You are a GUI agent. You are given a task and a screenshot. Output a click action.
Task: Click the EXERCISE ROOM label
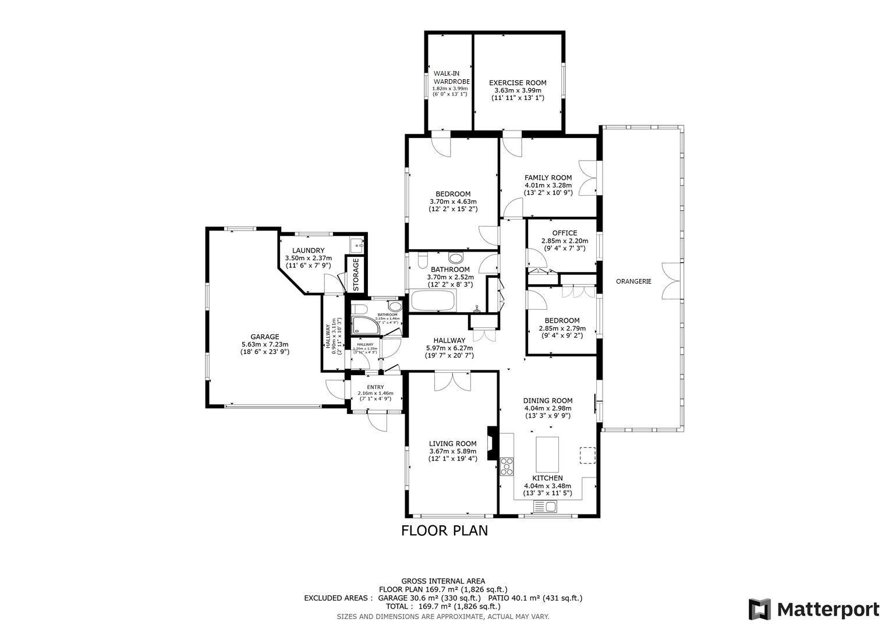point(518,83)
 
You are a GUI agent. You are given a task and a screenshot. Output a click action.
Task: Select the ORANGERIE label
point(633,281)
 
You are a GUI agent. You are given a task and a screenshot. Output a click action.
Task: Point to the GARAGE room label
point(265,337)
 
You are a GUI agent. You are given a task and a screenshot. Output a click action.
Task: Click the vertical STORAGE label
point(356,274)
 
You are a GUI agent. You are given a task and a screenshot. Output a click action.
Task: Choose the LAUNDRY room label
point(308,250)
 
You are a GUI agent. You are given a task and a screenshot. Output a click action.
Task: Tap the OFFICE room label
point(564,233)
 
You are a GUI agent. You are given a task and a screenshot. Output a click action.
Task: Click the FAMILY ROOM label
point(548,178)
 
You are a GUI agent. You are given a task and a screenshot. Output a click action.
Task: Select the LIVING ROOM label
point(452,443)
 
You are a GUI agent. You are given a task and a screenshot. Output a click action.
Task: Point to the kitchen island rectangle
point(547,454)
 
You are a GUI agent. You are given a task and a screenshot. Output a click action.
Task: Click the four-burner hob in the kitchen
point(507,467)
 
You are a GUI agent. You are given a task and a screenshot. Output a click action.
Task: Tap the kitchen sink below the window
point(545,508)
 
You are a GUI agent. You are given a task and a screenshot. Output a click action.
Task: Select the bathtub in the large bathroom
point(433,301)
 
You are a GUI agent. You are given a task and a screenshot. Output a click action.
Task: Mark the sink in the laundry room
point(356,245)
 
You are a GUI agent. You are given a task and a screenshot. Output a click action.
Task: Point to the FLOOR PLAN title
point(444,531)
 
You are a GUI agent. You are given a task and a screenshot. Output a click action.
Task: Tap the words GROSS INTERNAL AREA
point(442,581)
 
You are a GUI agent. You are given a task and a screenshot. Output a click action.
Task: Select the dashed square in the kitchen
point(587,455)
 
